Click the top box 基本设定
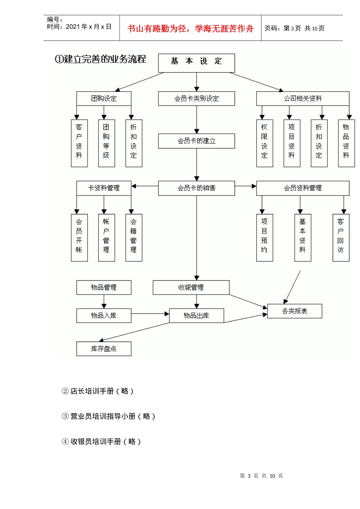click(196, 62)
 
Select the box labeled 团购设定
click(103, 98)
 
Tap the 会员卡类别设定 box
click(196, 98)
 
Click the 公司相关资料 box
click(302, 98)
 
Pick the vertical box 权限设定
click(264, 143)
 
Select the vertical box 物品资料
click(346, 143)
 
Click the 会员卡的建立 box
click(196, 141)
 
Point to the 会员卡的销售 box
click(196, 188)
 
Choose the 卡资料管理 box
click(103, 188)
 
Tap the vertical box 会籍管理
click(133, 237)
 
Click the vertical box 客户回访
click(341, 237)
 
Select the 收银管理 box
click(191, 287)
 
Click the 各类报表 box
click(294, 311)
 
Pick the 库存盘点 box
click(103, 348)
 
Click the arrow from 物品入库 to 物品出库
click(150, 314)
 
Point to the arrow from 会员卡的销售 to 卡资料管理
click(145, 186)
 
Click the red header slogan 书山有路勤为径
click(190, 28)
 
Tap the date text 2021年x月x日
click(88, 27)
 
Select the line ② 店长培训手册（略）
click(97, 391)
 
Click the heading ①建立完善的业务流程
click(100, 59)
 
